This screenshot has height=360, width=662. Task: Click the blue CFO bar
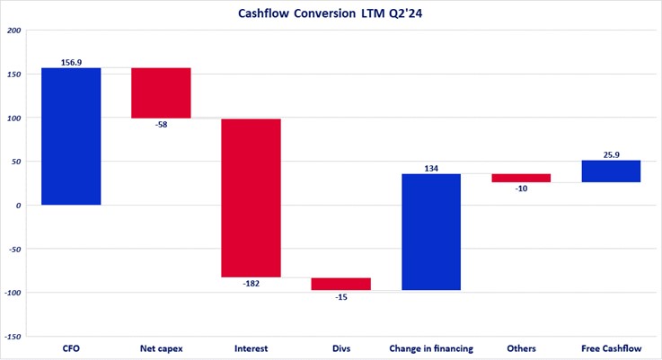[71, 136]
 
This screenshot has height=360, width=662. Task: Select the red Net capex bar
[161, 93]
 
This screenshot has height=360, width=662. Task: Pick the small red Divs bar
[340, 284]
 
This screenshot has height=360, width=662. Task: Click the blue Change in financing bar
[431, 232]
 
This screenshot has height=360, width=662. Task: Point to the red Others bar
[521, 178]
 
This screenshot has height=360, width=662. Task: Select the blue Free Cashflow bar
[611, 171]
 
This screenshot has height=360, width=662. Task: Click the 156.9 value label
[71, 62]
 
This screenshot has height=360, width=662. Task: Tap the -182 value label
[251, 284]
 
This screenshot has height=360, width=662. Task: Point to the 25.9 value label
[611, 154]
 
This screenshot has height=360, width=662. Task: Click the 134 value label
[431, 168]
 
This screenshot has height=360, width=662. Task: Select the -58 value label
[161, 125]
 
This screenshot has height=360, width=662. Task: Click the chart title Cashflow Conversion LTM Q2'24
[330, 13]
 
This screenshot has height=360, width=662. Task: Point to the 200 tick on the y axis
[13, 31]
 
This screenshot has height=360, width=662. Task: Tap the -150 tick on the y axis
[12, 336]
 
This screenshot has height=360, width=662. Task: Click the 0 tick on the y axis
[19, 205]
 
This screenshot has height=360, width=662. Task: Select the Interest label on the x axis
[251, 347]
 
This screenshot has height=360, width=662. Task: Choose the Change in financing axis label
[431, 347]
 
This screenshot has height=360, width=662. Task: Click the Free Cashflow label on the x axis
[611, 347]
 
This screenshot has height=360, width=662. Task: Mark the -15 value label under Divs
[340, 297]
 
